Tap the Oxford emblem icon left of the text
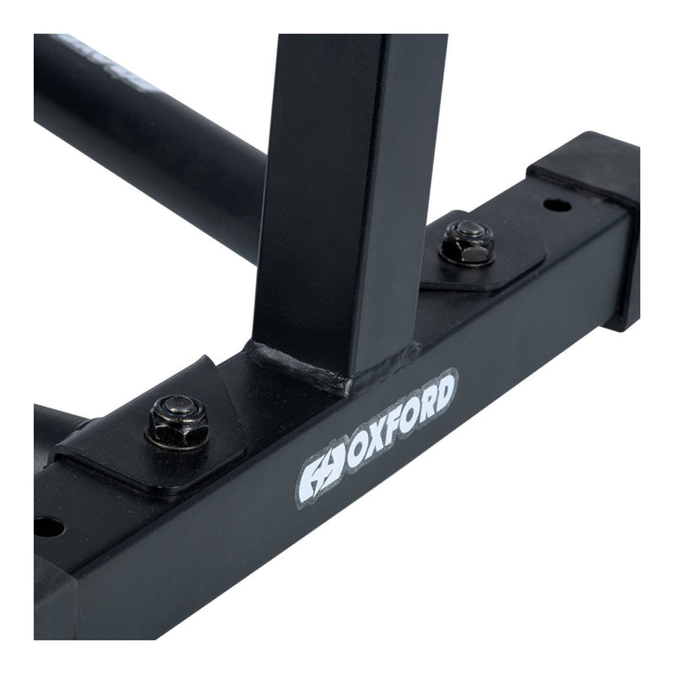pos(321,478)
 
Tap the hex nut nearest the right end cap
pos(467,242)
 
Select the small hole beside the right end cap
pos(557,205)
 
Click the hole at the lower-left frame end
pos(47,527)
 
